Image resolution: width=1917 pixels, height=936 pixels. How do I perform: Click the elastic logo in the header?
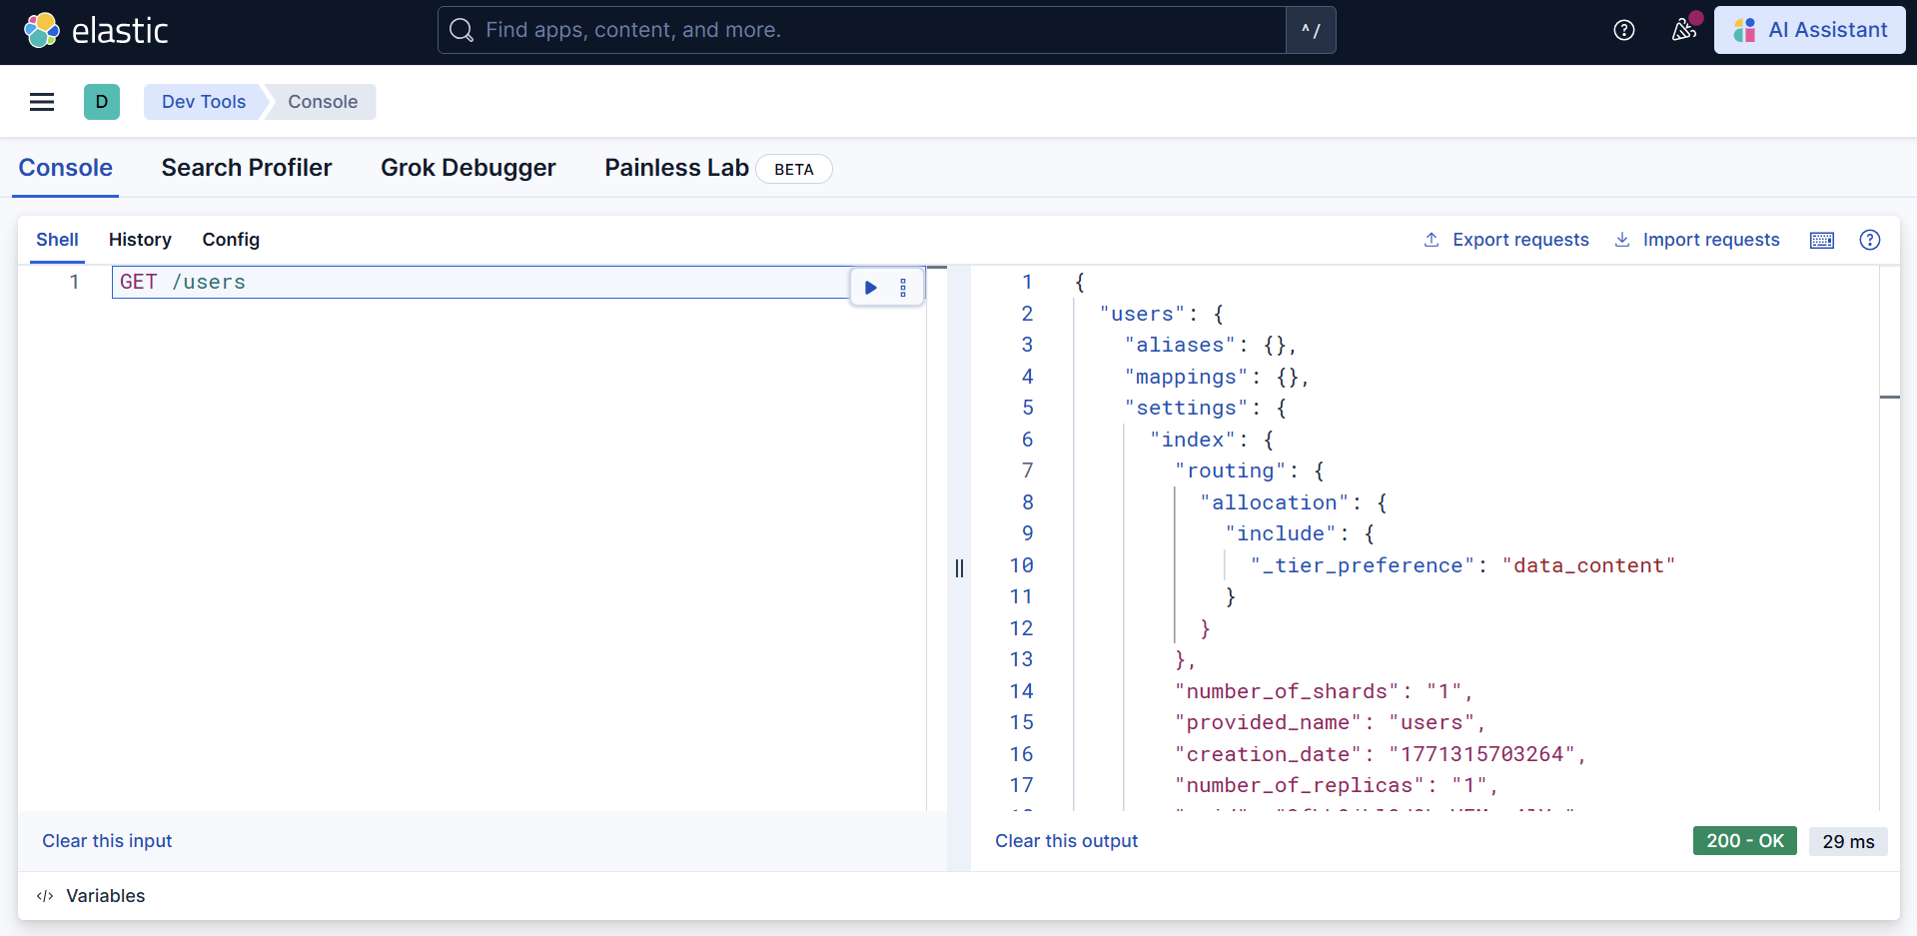pos(96,30)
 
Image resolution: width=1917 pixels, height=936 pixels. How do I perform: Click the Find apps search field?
pos(859,30)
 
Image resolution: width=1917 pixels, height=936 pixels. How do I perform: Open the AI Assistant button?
pos(1809,30)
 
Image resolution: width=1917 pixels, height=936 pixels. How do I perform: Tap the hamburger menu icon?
pos(42,102)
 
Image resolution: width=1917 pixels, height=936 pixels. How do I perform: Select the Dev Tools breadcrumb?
pos(204,102)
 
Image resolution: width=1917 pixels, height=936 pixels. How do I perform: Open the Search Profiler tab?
pos(247,168)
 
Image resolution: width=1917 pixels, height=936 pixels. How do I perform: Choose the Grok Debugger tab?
pos(468,168)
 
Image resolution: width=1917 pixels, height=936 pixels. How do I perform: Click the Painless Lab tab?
pos(676,168)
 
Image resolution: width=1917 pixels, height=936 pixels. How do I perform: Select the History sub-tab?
pos(140,240)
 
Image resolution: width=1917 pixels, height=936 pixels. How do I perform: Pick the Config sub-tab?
pos(231,240)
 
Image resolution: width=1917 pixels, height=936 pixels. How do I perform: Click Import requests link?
pos(1697,240)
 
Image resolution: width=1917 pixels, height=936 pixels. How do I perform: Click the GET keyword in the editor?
pos(138,283)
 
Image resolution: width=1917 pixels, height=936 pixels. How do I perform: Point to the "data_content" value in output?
pos(1588,565)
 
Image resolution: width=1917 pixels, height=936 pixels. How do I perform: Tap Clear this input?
pos(107,841)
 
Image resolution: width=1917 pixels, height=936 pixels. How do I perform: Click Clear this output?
pos(1066,841)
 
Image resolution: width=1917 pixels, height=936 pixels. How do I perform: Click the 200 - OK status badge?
pos(1744,841)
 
